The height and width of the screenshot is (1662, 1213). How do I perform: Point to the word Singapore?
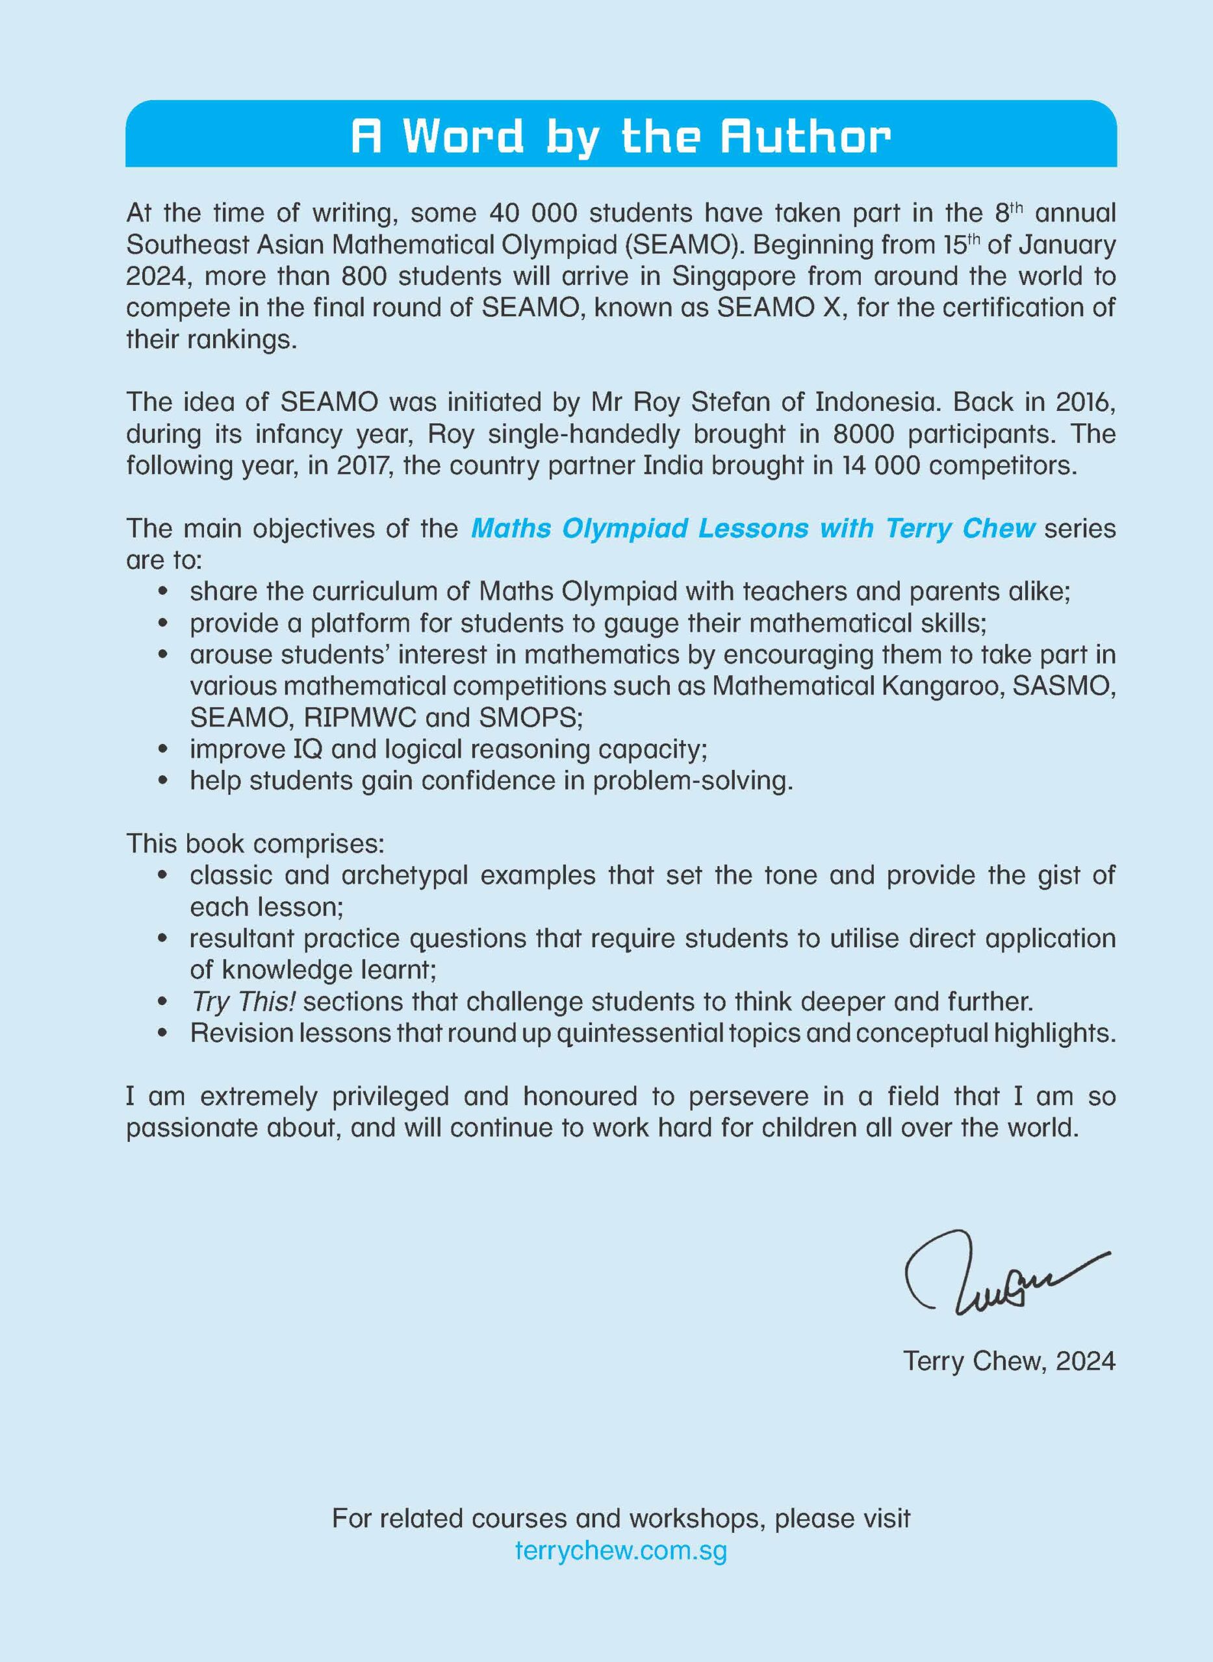pyautogui.click(x=734, y=276)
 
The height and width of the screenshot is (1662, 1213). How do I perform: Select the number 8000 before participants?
pyautogui.click(x=863, y=434)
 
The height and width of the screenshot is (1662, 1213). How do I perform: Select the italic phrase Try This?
pyautogui.click(x=242, y=1001)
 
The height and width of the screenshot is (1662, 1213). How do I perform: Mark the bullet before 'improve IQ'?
pyautogui.click(x=164, y=749)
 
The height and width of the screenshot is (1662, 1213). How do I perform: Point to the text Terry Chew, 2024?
pyautogui.click(x=1009, y=1361)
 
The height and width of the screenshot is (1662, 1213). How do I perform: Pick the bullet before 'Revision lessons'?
pyautogui.click(x=164, y=1033)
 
